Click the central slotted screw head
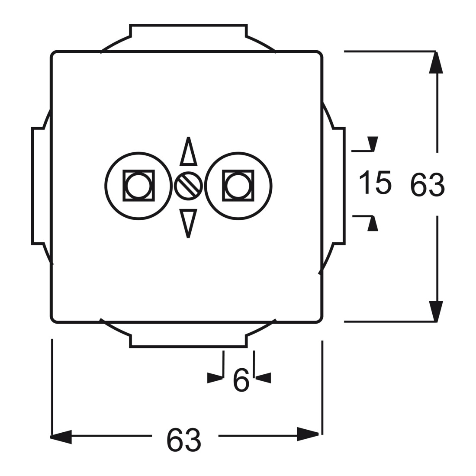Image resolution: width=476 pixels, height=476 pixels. (188, 186)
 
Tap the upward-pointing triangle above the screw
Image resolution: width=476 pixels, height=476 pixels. (188, 152)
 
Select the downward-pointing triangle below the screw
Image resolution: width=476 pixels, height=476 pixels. (188, 223)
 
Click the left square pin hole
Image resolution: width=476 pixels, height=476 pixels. (139, 186)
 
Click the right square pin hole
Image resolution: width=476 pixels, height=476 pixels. (238, 186)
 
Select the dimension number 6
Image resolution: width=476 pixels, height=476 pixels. (241, 380)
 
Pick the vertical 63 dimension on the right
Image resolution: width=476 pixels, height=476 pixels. (427, 185)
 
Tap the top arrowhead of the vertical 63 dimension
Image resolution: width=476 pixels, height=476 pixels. (436, 63)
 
